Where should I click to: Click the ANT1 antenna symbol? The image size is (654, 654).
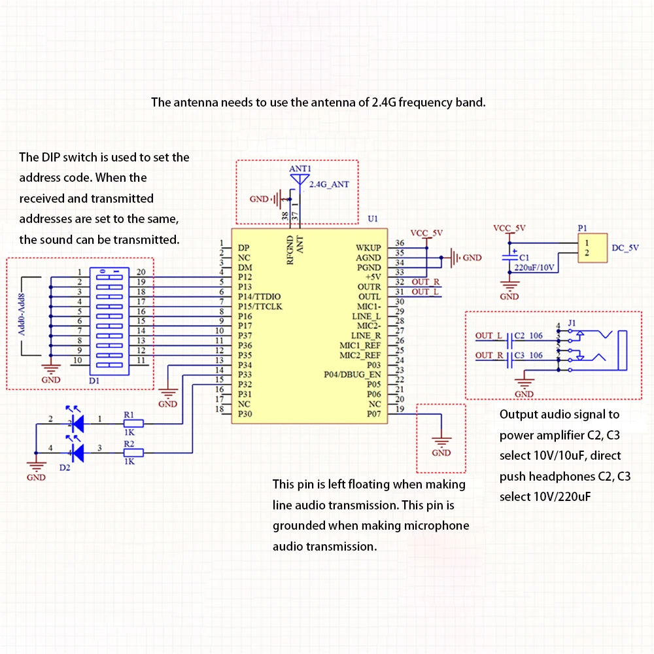coord(300,179)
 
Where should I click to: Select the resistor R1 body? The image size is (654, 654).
coord(133,423)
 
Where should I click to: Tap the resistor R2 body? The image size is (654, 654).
coord(133,453)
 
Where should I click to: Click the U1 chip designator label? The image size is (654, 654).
coord(373,218)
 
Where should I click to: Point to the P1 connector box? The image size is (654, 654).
coord(593,248)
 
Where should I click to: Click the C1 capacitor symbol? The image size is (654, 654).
coord(509,257)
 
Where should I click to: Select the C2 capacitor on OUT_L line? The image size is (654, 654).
coord(509,341)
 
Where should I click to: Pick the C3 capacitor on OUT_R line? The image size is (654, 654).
coord(509,360)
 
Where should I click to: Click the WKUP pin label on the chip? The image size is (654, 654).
coord(368,248)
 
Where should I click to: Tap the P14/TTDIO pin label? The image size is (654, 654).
coord(259,296)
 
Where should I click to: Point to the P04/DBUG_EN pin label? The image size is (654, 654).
coord(353,375)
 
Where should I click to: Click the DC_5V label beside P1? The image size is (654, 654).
coord(625,248)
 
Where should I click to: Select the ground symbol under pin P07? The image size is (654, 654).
coord(441,441)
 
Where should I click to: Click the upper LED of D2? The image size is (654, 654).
coord(77,423)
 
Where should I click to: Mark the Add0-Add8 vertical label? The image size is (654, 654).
coord(22,315)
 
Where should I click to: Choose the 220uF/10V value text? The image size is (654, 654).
coord(534,267)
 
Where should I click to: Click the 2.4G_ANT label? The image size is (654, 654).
coord(329,184)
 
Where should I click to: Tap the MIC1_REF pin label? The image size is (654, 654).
coord(360,345)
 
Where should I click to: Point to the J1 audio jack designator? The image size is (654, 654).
coord(572,323)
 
